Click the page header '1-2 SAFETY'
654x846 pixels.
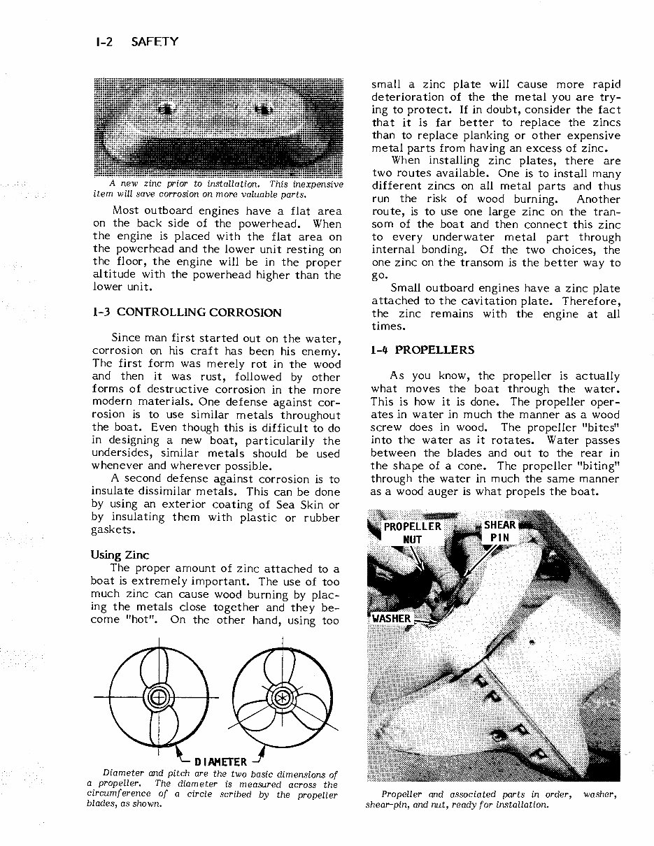(x=134, y=42)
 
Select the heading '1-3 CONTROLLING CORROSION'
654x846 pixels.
(x=187, y=313)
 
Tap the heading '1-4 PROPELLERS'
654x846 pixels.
(x=422, y=350)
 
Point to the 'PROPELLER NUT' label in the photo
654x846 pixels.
(x=413, y=533)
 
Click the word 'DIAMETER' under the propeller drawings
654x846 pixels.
(x=220, y=761)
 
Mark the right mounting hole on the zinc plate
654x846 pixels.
(x=264, y=109)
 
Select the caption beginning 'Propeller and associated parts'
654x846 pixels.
(x=492, y=799)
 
